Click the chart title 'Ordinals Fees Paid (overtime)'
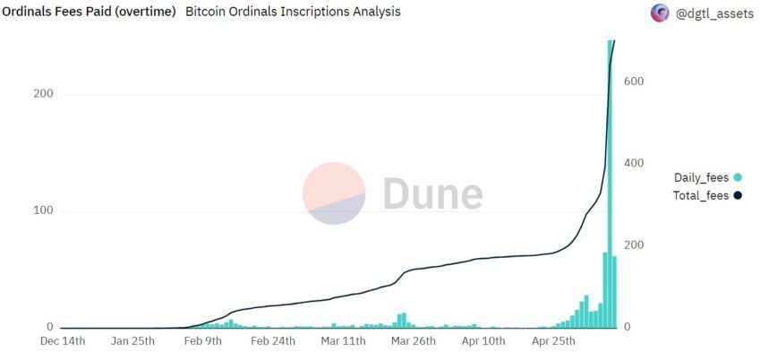point(89,12)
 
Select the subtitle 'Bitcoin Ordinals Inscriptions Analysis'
point(293,12)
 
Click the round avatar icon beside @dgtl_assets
point(661,13)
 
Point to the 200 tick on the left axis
point(42,94)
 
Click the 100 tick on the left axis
point(42,210)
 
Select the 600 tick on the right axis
point(634,81)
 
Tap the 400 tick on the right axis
point(634,163)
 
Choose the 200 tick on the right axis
point(634,244)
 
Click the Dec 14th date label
point(62,340)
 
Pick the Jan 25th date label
point(133,340)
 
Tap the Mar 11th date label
point(343,340)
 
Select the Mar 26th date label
point(414,340)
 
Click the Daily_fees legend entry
point(701,177)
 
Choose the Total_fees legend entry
point(701,195)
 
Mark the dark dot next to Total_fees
point(737,195)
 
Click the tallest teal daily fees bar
point(610,179)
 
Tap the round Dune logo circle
point(334,193)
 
